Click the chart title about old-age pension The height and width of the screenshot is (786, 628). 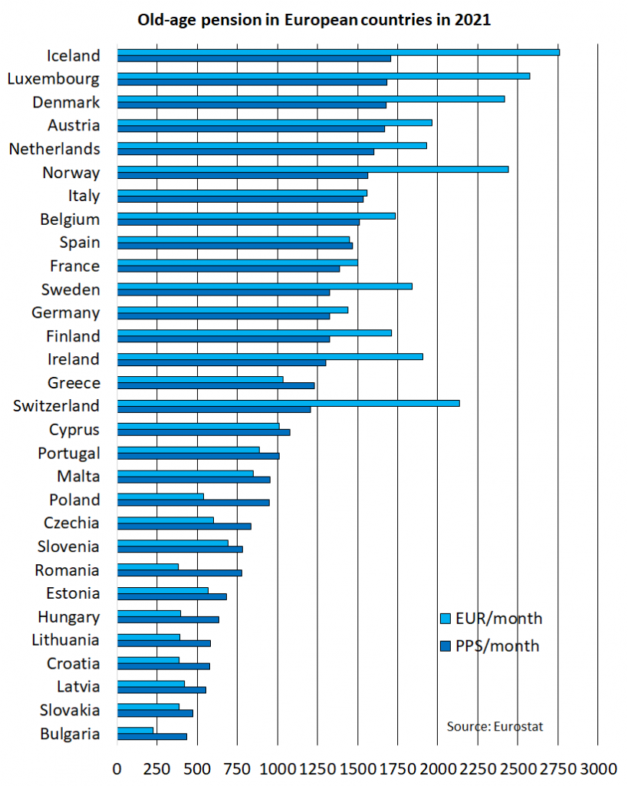coord(314,20)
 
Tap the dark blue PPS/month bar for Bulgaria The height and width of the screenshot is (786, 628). coord(152,737)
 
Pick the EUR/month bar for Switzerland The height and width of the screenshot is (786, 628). coord(288,403)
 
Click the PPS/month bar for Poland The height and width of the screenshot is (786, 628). coord(193,503)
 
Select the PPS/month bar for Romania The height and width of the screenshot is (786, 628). coord(179,573)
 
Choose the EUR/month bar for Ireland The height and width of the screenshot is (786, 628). coord(269,356)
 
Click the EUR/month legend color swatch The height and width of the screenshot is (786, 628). coord(445,619)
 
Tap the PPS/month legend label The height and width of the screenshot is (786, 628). coord(497,646)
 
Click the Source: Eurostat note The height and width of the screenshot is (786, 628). coord(495,726)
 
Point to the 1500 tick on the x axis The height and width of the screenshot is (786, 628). coord(357,768)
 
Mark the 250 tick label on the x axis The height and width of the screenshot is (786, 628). coord(156,768)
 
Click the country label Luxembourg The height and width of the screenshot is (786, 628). coord(53,78)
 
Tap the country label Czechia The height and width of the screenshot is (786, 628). coord(71,523)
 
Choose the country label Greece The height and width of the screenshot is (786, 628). coord(73,382)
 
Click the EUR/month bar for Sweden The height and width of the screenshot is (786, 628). coord(265,286)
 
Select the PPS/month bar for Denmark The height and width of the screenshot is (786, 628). coord(252,105)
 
